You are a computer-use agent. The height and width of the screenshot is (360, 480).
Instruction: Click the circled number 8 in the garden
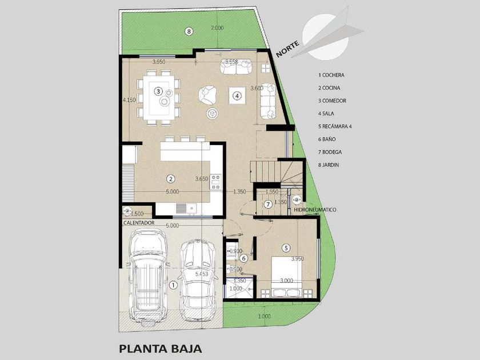[189, 31]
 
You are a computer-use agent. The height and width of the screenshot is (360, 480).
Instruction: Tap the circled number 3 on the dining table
[158, 91]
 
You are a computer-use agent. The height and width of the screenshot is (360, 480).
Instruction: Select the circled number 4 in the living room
[237, 96]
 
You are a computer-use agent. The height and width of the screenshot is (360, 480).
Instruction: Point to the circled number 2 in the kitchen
[170, 179]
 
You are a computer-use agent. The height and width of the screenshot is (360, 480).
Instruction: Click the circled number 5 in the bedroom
[286, 247]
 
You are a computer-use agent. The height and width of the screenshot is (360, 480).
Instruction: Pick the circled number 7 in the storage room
[268, 204]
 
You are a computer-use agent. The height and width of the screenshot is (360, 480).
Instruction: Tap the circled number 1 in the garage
[173, 285]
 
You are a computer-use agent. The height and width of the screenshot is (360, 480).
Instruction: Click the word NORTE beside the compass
[287, 49]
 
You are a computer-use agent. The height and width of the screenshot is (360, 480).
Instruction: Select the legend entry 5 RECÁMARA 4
[335, 126]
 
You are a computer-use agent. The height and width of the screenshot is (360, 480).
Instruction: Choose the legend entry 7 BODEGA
[330, 152]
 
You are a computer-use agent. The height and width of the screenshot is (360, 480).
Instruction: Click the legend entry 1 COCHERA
[331, 75]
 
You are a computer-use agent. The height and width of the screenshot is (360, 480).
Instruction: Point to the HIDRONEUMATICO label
[315, 210]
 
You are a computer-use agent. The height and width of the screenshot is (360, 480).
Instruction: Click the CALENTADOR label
[139, 223]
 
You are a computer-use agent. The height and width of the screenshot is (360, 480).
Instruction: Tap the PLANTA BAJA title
[161, 349]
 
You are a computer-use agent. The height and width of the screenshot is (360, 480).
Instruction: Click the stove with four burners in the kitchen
[216, 182]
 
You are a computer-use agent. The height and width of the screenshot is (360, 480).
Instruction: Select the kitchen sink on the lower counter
[186, 208]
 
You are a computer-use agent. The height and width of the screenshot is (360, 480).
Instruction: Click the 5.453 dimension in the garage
[202, 274]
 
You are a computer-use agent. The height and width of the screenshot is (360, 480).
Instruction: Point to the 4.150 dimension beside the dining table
[129, 100]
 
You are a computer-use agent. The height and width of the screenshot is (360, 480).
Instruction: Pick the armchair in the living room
[207, 95]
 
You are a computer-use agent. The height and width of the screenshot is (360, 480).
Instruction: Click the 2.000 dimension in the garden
[217, 28]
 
